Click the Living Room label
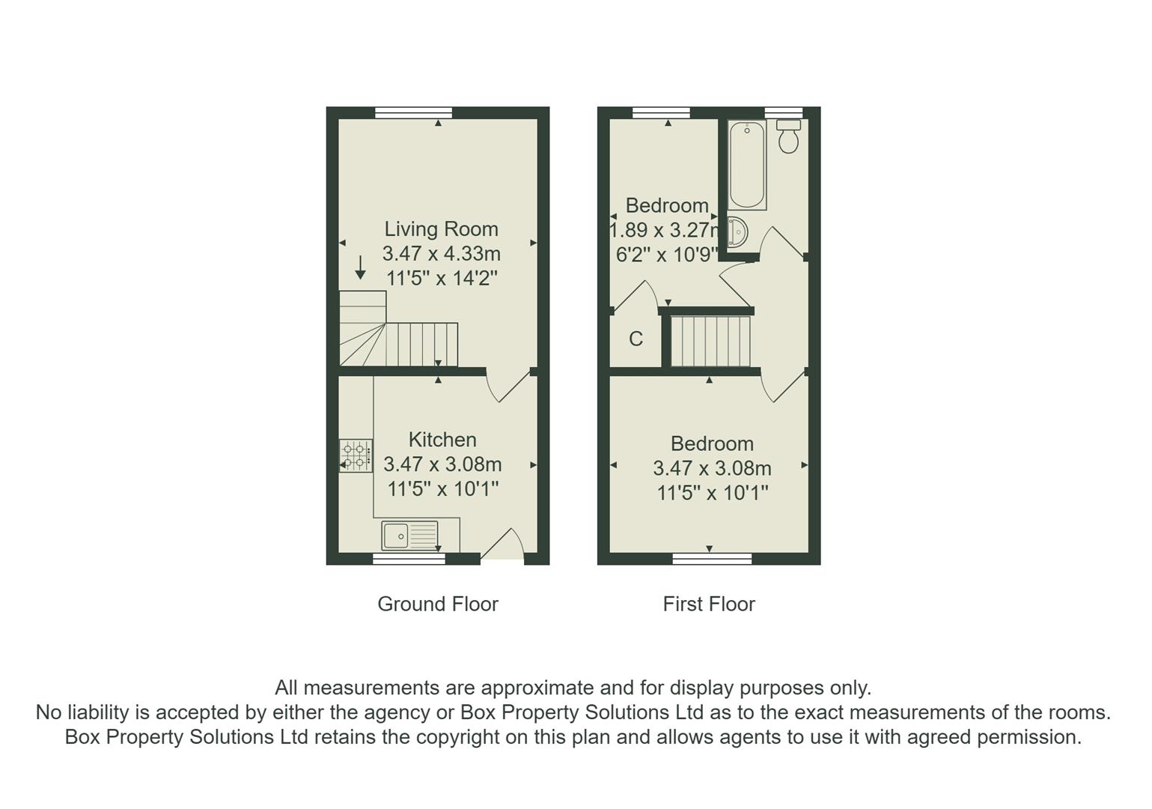441,229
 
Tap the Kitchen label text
442,440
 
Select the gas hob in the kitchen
356,455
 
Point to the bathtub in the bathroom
746,164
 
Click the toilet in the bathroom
788,136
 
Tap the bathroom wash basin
736,232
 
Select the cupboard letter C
636,339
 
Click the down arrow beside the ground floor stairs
360,267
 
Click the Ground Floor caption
438,605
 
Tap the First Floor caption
709,605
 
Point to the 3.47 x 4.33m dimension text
441,253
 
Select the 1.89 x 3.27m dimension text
665,230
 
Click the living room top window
413,112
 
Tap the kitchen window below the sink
409,559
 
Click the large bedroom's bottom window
712,559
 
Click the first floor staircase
710,342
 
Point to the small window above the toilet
783,112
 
